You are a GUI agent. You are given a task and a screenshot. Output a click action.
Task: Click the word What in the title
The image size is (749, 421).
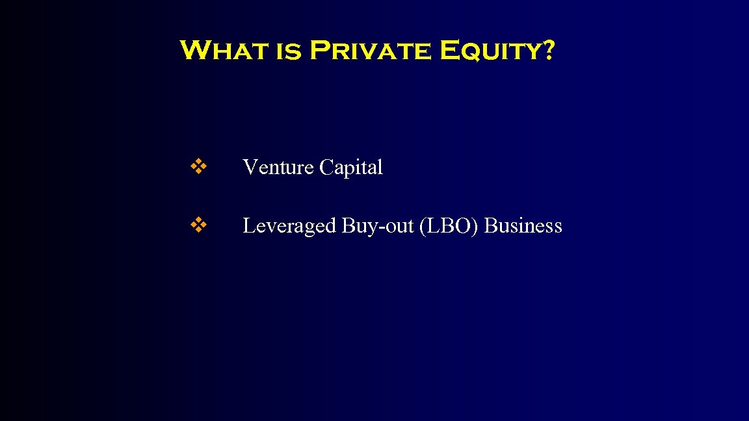[223, 50]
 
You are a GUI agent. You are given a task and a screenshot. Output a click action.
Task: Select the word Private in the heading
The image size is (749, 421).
[369, 50]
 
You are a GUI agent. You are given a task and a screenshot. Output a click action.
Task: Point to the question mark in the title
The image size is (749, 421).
[547, 50]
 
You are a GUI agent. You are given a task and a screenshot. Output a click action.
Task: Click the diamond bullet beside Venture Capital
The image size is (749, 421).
[199, 167]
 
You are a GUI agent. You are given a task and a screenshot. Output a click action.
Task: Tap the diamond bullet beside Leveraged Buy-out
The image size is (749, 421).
[199, 225]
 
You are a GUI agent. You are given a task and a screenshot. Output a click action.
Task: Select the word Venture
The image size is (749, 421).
[278, 168]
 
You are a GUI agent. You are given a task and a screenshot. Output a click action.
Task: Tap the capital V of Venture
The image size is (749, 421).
[250, 168]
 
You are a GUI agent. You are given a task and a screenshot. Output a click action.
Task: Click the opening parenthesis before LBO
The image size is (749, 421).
[424, 226]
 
